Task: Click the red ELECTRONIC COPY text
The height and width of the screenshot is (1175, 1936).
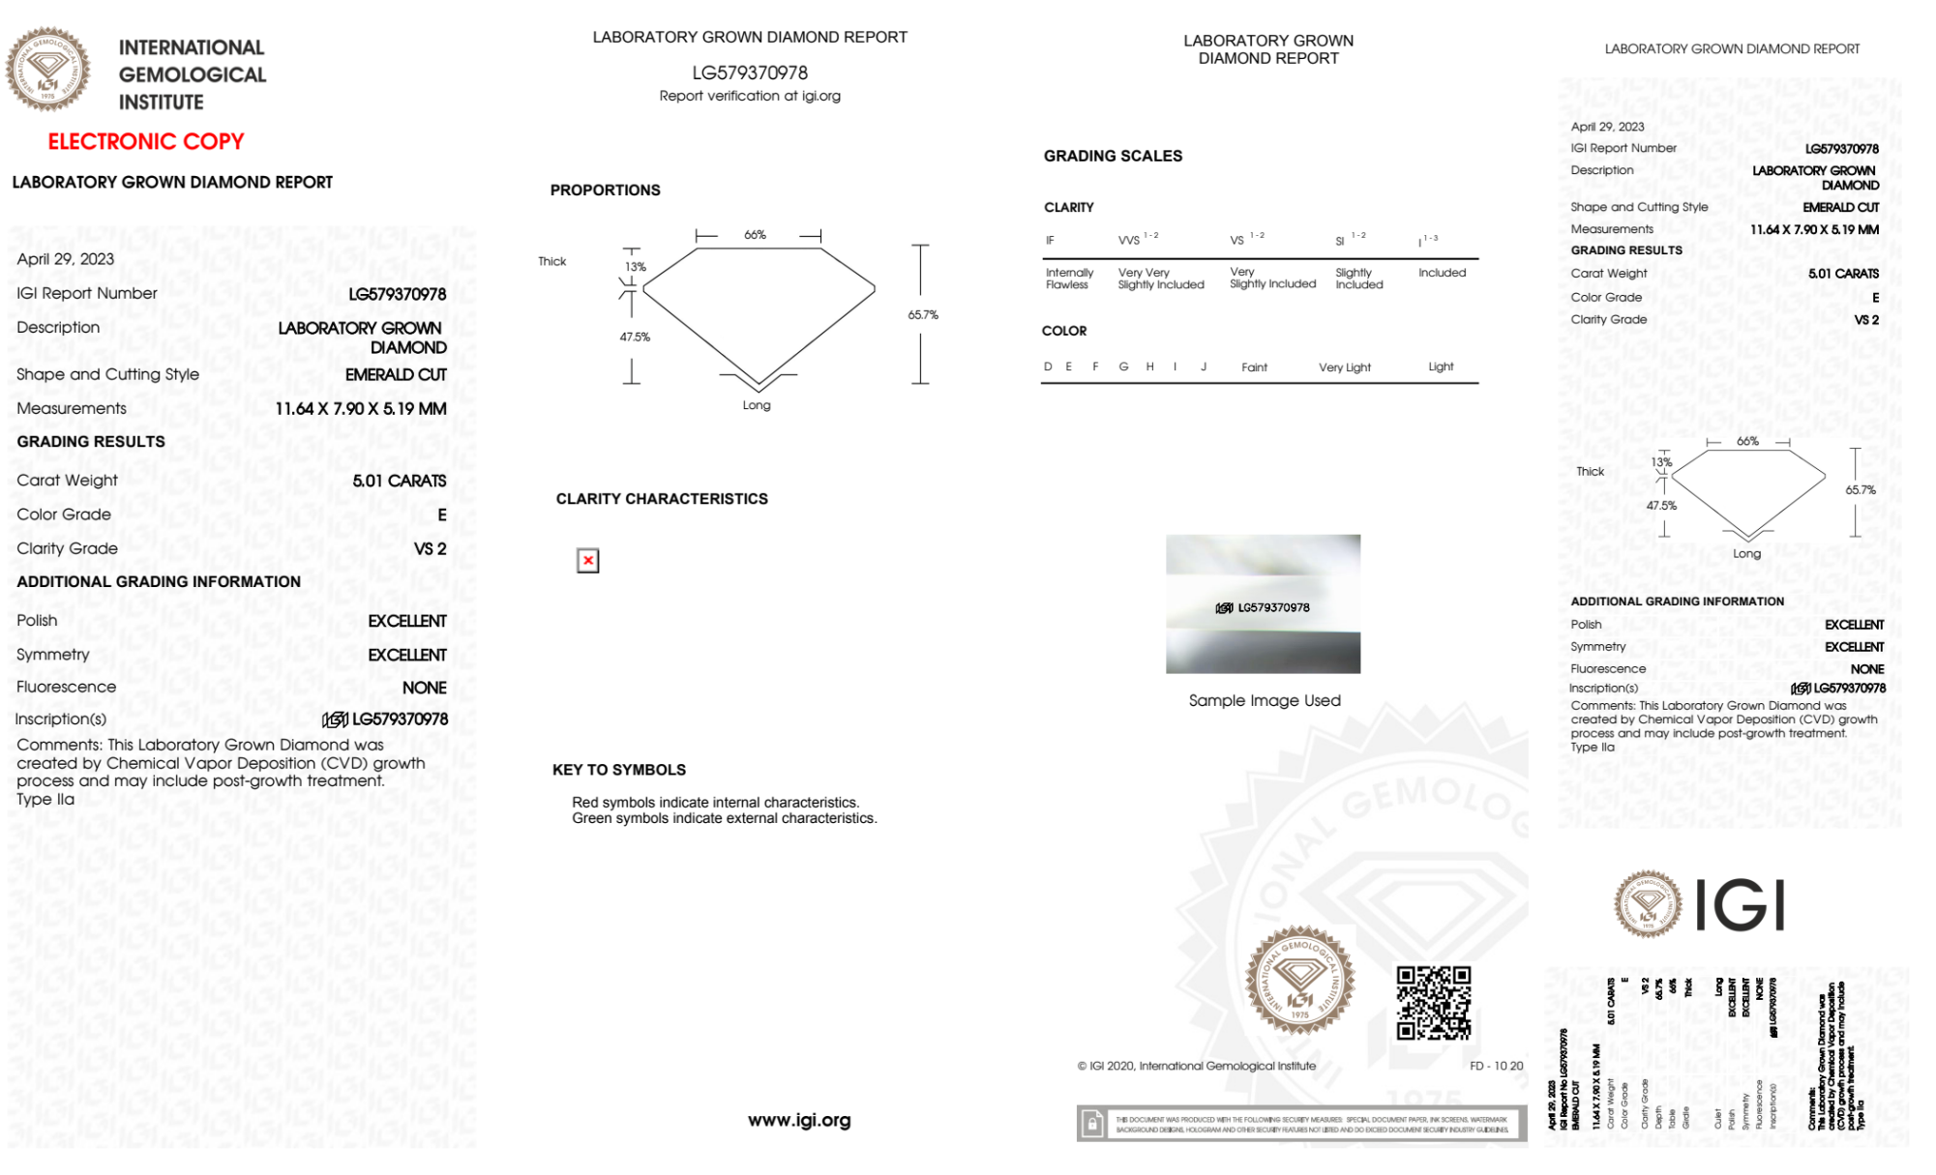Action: pos(146,141)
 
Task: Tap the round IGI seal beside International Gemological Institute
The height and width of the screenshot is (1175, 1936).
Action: pos(47,69)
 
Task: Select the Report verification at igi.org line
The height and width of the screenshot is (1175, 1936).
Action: pos(750,96)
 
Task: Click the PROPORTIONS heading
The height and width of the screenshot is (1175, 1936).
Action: pos(605,191)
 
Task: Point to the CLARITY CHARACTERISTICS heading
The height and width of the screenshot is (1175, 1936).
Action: pos(662,499)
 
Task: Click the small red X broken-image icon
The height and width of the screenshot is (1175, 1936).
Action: pos(587,561)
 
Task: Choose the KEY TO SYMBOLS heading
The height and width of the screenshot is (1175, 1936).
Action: pos(618,770)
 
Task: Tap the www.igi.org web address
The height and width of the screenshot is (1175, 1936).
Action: pos(799,1120)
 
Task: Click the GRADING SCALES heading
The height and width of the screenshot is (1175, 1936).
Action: pos(1113,156)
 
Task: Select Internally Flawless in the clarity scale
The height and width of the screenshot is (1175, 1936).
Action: pos(1069,279)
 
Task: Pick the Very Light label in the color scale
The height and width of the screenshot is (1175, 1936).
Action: pos(1344,367)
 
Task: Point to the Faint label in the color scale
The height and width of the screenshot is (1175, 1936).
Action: pos(1254,367)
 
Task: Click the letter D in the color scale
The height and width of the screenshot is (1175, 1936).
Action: pos(1048,367)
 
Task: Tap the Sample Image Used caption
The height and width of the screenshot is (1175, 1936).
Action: pos(1265,700)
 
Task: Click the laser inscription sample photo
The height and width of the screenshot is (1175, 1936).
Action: pos(1263,603)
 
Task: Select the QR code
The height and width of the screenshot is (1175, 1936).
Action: pos(1433,1002)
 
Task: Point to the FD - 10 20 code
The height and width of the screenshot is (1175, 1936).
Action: pos(1496,1066)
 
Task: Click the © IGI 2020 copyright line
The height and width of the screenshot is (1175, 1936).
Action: pos(1197,1066)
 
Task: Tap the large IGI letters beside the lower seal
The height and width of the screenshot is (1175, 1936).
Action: pos(1741,906)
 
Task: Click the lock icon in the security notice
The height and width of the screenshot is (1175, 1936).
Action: pos(1092,1124)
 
